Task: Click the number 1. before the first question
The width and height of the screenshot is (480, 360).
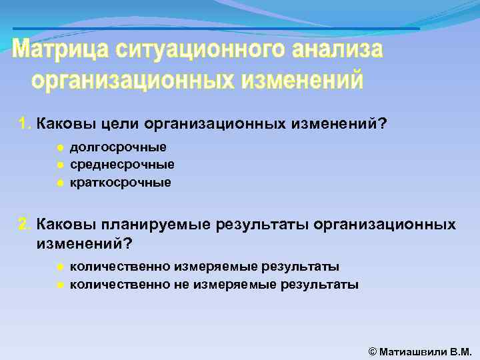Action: (x=25, y=124)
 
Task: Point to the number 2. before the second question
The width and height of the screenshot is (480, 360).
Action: (x=25, y=224)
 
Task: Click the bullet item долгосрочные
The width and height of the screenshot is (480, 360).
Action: (x=118, y=147)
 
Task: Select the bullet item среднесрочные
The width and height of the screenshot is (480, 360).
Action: (x=122, y=165)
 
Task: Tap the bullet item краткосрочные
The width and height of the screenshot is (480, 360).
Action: (x=120, y=182)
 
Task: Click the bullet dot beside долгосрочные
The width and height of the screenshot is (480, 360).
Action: (x=59, y=147)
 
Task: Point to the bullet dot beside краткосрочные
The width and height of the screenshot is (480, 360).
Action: (x=59, y=182)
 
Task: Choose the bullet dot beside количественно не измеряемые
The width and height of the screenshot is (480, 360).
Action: (x=59, y=285)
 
